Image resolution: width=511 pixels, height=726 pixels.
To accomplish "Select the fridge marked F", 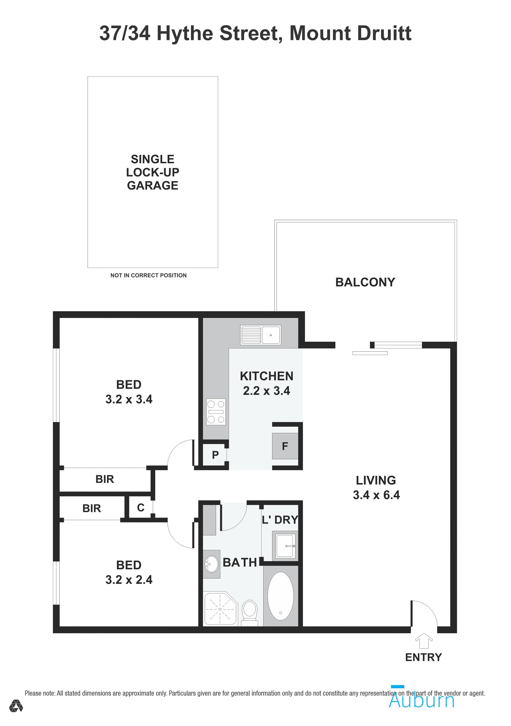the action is (285, 446).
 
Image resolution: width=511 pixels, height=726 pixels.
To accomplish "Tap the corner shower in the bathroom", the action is (220, 609).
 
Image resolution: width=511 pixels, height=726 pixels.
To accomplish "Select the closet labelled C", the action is (141, 507).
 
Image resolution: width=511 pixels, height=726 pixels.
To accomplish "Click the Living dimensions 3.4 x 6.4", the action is (376, 495).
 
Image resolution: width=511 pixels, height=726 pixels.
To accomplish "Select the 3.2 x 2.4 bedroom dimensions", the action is (129, 580).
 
